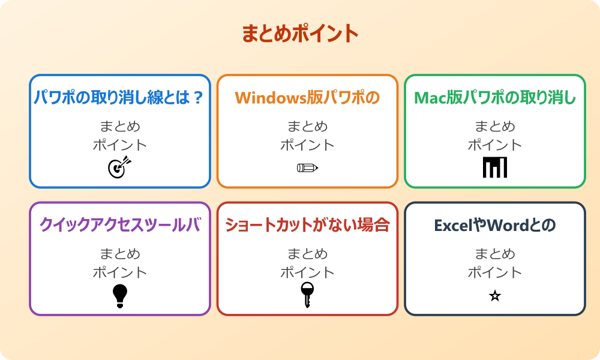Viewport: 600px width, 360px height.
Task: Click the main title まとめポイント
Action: pos(300,34)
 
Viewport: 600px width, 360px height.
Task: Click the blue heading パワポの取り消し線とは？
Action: pos(120,98)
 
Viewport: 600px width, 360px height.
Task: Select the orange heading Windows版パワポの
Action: pos(307,98)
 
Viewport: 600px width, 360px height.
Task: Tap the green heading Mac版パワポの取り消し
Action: pos(495,98)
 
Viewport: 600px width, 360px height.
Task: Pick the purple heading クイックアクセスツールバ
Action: pos(120,225)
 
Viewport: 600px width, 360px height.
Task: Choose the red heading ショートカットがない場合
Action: pos(307,225)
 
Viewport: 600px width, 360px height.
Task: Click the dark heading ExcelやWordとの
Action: pos(495,225)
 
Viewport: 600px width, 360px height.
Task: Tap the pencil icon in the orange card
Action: pos(307,167)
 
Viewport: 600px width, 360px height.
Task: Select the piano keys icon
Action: pos(495,167)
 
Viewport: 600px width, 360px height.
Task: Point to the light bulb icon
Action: pos(120,295)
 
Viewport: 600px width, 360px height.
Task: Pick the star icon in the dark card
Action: pos(495,296)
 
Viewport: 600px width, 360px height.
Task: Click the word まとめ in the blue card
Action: pos(120,127)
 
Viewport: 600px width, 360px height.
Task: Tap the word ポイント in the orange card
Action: pos(307,145)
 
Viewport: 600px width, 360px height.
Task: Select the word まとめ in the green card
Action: pos(495,127)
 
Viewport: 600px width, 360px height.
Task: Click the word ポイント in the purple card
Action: pos(120,272)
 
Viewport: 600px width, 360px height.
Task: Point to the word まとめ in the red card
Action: pos(307,254)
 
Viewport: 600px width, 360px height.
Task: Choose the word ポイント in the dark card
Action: pos(495,272)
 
